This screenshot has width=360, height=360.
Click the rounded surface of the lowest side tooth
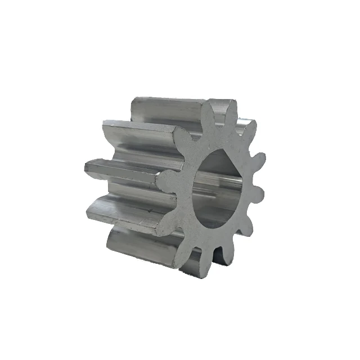coord(141,247)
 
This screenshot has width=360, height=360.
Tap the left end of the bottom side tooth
coord(110,239)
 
